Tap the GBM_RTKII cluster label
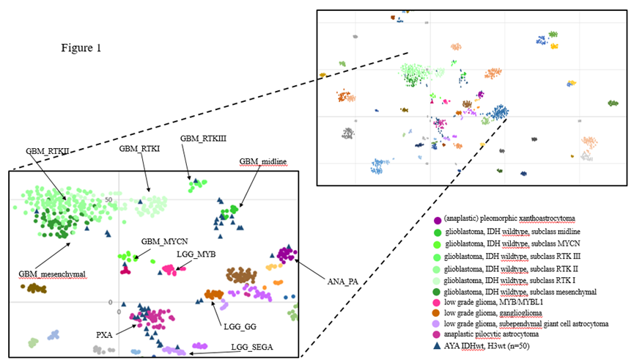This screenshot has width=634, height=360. click(48, 151)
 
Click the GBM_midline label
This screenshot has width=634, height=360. click(260, 161)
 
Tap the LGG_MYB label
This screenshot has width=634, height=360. click(194, 254)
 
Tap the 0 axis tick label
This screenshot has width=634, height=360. click(109, 302)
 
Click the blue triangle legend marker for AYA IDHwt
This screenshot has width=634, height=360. click(438, 344)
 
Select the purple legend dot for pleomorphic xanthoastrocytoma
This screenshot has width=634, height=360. click(438, 220)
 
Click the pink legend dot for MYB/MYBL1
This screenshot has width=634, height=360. click(438, 302)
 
